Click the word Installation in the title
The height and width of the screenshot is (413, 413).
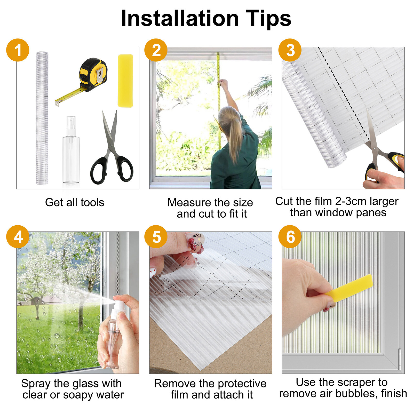coord(180,19)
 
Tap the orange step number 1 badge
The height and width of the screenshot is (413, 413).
coord(18,50)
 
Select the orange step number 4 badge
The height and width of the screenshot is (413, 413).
coord(18,237)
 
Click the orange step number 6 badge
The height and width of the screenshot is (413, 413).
coord(290,237)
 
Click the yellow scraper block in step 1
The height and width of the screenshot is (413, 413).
coord(125,81)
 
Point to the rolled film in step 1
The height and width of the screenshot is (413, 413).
coord(42,118)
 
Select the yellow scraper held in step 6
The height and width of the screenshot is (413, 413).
coord(348,288)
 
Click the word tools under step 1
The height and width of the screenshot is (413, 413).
coord(92,202)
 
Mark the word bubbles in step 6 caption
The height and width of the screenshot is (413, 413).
coord(356,394)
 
